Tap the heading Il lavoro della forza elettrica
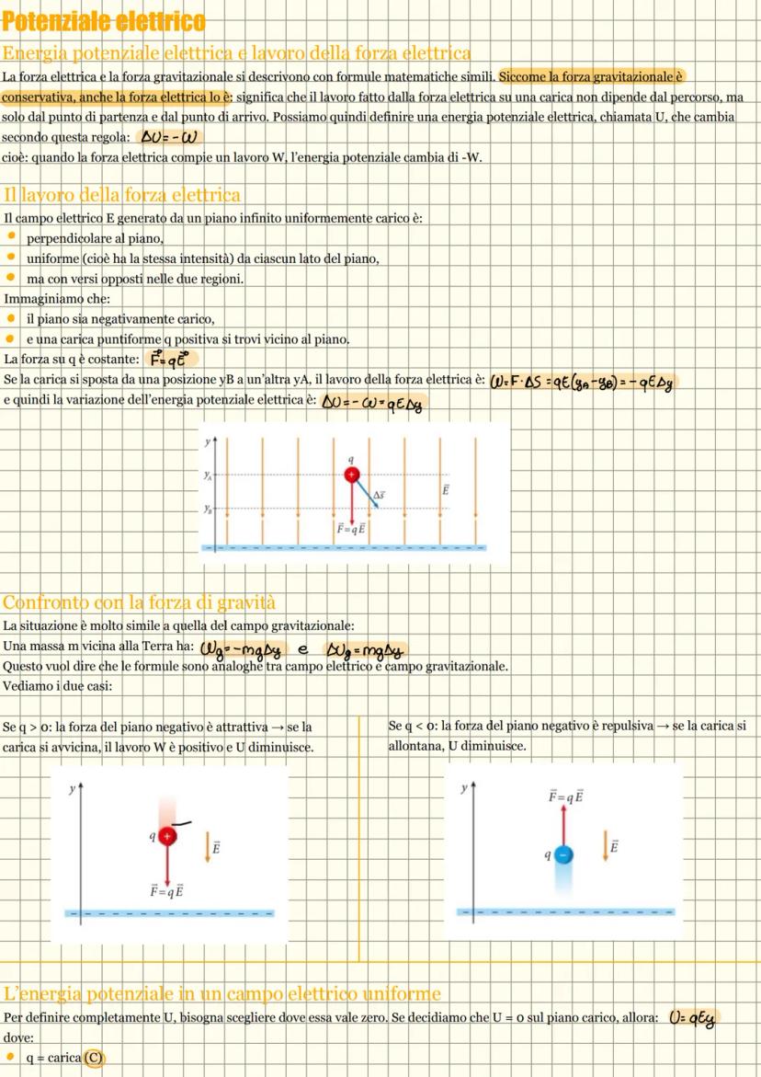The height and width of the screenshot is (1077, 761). [x=122, y=194]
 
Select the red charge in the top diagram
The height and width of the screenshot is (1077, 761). [x=351, y=475]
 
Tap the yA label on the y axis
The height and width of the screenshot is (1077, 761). [x=209, y=475]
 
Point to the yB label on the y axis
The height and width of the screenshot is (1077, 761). [x=209, y=508]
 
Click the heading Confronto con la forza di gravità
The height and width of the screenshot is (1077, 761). [x=139, y=603]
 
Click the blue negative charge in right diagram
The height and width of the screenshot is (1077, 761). [x=564, y=854]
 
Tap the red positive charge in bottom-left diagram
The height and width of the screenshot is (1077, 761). [x=166, y=836]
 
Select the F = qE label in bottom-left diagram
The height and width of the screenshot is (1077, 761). [x=166, y=890]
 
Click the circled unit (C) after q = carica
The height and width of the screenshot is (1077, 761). [x=94, y=1058]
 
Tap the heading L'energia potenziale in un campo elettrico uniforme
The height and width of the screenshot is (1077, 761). [x=221, y=993]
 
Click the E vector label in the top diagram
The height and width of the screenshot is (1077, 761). [x=445, y=490]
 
